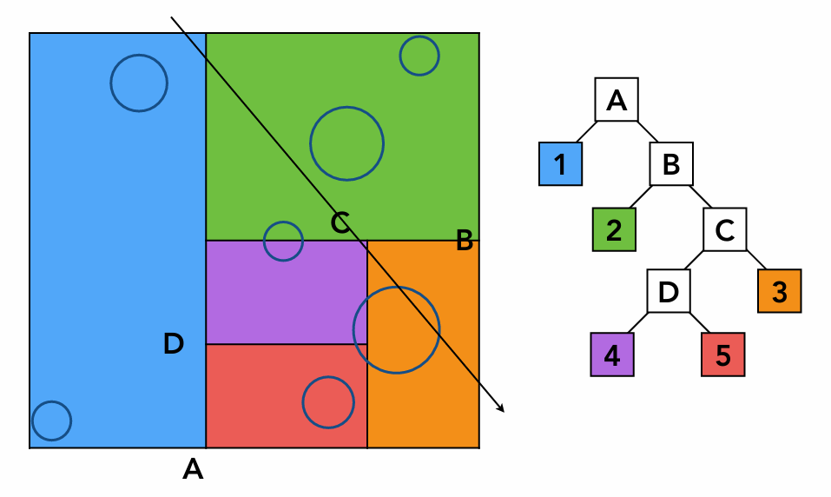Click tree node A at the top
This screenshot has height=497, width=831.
(617, 100)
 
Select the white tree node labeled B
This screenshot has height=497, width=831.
(671, 163)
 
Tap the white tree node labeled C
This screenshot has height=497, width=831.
(725, 229)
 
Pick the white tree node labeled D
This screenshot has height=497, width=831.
(669, 291)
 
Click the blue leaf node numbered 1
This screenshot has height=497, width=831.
(560, 163)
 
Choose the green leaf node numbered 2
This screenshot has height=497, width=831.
(615, 229)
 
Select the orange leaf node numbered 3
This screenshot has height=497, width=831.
(779, 291)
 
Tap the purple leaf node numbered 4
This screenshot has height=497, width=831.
(612, 355)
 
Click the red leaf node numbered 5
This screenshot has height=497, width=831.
(723, 355)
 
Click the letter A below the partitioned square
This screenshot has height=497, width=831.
(193, 470)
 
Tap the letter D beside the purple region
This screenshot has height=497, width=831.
(174, 344)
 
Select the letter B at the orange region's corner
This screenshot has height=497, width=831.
(465, 242)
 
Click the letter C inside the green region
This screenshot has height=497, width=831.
(340, 223)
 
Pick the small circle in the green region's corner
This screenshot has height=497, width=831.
(419, 56)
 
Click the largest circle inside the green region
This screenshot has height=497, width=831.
(346, 144)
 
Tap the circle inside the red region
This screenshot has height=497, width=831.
(328, 402)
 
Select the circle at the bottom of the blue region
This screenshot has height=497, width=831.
(51, 421)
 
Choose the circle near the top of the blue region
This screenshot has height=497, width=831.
(139, 83)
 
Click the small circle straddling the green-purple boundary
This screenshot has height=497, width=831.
(283, 242)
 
